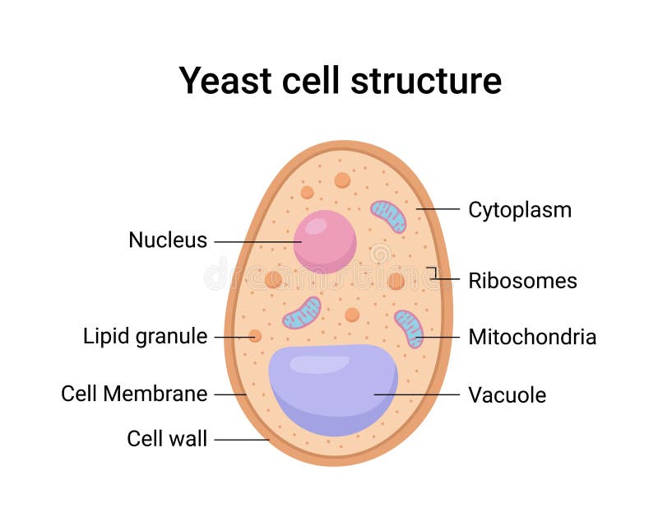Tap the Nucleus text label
pos(168,240)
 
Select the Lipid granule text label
pos(145,337)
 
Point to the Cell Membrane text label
pos(134,394)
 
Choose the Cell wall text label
pos(167,439)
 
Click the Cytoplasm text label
pos(520,210)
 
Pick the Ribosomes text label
pos(522,281)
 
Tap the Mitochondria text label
pos(532,337)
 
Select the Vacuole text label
pos(507,395)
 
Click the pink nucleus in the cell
pos(325,241)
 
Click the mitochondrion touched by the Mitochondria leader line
pos(409,328)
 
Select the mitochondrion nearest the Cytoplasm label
pos(388,216)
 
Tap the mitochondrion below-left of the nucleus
pos(302,313)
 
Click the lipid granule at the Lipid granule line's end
pos(255,336)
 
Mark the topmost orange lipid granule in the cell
pos(342,180)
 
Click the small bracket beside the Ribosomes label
pos(432,273)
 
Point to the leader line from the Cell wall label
pos(242,440)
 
